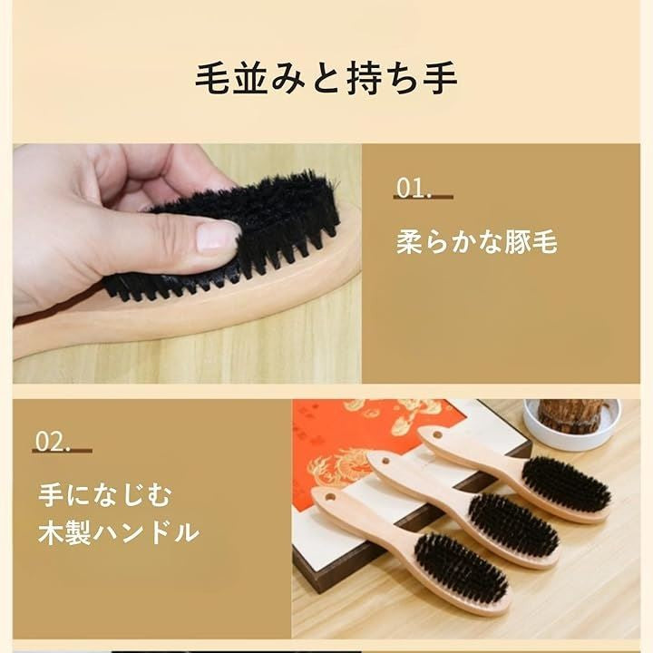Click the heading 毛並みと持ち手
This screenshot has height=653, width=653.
[326, 78]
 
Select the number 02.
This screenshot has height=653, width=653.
[52, 443]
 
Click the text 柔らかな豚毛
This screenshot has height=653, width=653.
[476, 241]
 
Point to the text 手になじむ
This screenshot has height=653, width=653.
[105, 495]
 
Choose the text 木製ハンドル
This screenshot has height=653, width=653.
[118, 532]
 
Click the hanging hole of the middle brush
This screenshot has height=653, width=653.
[385, 461]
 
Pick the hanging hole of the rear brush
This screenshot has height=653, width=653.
[437, 435]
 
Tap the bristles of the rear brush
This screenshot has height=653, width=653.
[566, 484]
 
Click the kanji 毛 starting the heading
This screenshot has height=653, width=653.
[212, 78]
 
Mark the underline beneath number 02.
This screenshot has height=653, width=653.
[63, 451]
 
